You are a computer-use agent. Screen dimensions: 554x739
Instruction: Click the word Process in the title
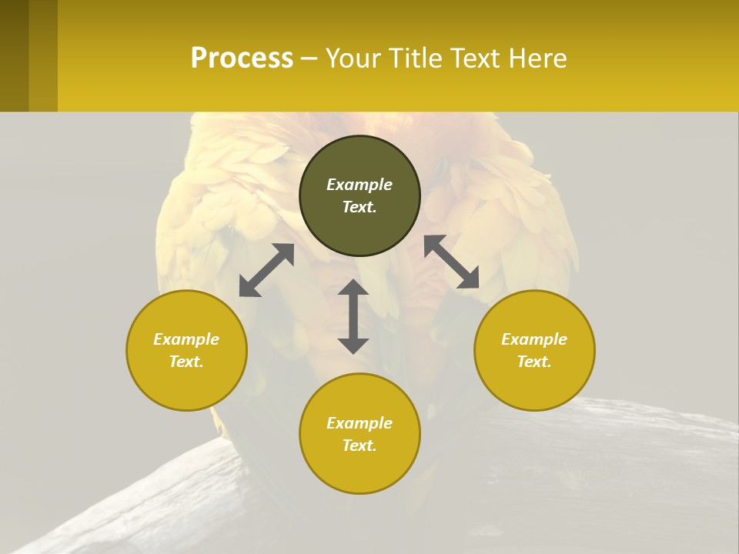pyautogui.click(x=242, y=58)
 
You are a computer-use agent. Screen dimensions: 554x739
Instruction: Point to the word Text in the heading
pyautogui.click(x=474, y=58)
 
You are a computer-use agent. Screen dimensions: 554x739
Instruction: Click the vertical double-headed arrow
pyautogui.click(x=353, y=316)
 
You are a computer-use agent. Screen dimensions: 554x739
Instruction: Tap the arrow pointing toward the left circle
pyautogui.click(x=266, y=270)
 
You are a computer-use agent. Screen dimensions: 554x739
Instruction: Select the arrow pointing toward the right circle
pyautogui.click(x=451, y=262)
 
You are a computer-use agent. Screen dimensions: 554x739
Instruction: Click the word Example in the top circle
pyautogui.click(x=359, y=185)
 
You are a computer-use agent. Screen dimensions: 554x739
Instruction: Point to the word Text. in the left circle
pyautogui.click(x=186, y=362)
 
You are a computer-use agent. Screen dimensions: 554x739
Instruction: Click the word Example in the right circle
pyautogui.click(x=534, y=339)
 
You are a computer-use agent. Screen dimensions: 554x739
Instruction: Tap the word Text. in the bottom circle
pyautogui.click(x=359, y=446)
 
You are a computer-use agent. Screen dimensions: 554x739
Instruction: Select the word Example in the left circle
pyautogui.click(x=186, y=339)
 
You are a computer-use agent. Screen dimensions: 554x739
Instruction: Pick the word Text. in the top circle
pyautogui.click(x=359, y=207)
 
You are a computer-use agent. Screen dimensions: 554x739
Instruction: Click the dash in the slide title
pyautogui.click(x=309, y=58)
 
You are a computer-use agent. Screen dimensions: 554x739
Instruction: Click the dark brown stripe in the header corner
pyautogui.click(x=14, y=55)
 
